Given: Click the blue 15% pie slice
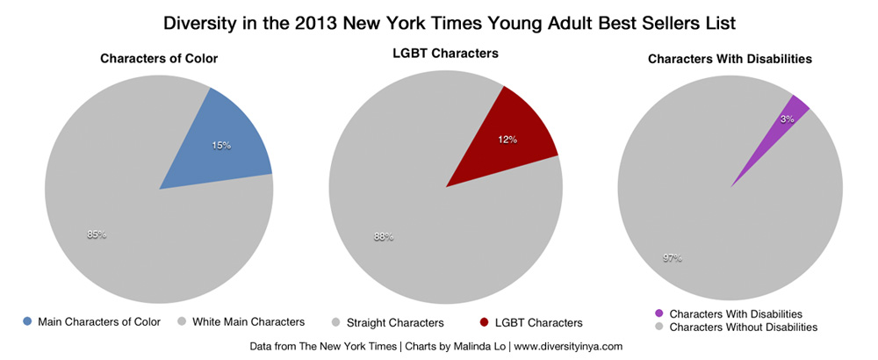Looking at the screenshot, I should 223,146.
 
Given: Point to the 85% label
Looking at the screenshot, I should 97,234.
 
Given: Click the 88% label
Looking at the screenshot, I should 384,236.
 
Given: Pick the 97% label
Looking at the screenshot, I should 672,258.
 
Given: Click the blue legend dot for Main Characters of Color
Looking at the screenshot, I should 28,321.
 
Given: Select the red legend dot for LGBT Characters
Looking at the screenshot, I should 486,322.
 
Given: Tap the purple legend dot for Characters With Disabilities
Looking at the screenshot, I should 659,313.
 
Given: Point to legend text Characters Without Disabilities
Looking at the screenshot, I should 743,327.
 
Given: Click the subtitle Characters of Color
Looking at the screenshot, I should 159,59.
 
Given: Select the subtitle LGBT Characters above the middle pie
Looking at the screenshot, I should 445,54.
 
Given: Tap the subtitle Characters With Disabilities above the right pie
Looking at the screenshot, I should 730,59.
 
